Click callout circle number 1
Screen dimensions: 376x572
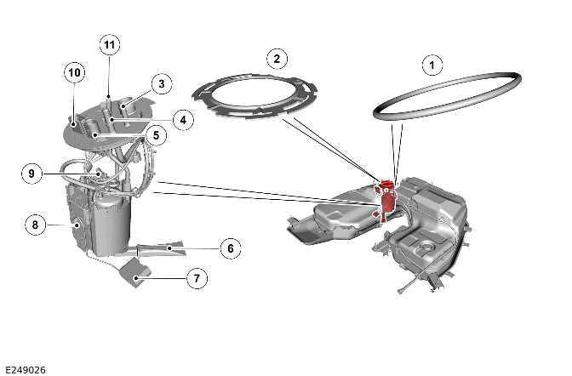[x=432, y=64]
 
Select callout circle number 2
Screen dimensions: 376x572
[x=275, y=59]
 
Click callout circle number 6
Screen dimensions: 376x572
[x=229, y=248]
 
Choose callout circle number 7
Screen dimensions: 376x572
[x=196, y=278]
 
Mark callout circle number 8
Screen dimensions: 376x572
[x=35, y=225]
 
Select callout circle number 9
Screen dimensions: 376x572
[x=31, y=174]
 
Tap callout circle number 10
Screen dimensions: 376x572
[x=74, y=73]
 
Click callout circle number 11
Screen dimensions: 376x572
[x=109, y=44]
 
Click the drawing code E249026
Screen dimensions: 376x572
[x=25, y=370]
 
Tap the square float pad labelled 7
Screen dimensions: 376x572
[x=135, y=271]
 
